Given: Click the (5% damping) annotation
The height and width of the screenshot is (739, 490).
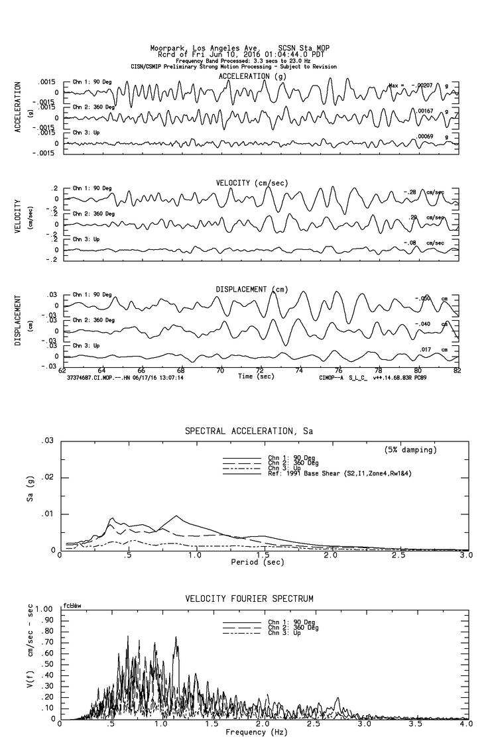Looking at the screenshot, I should coord(410,450).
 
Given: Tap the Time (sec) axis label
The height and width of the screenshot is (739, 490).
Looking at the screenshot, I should coord(256,376).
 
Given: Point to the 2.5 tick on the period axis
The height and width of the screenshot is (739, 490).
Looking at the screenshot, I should coord(399,555).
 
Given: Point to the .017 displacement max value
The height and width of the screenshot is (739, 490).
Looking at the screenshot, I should coord(427,349).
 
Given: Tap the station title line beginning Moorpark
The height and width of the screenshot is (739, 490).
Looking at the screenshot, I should coord(239,48).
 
